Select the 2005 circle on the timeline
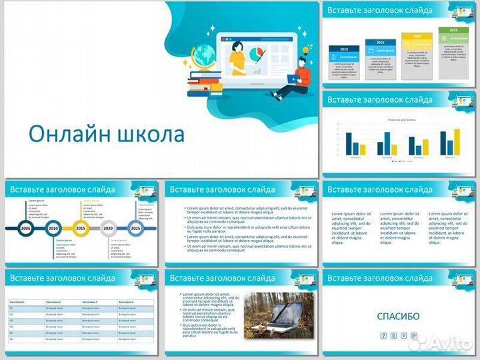coord(26,228)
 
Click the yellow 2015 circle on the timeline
coord(81,228)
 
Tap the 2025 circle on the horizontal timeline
coord(135,228)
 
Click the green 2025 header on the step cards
coord(453,30)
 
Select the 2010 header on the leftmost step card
coord(345,49)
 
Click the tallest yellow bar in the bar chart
coord(457,141)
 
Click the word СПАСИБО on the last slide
coord(398,317)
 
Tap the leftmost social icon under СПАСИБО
coord(383,335)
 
